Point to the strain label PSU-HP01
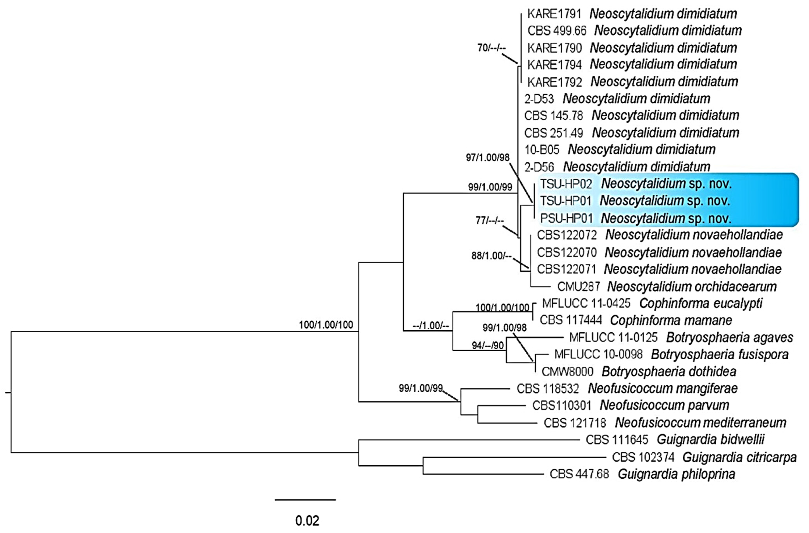(566, 218)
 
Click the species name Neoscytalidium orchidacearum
(692, 287)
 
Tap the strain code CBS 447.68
(579, 474)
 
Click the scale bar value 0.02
(307, 521)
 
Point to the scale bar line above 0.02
(305, 500)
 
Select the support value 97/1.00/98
(488, 158)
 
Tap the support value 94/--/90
(488, 346)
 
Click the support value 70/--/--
(491, 48)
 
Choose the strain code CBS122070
(567, 253)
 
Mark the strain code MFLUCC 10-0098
(598, 354)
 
